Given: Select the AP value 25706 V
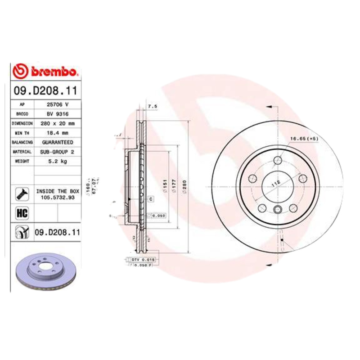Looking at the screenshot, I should coord(57,104).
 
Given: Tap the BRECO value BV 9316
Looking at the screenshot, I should coord(57,113).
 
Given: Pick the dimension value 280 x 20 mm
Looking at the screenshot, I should coord(57,123).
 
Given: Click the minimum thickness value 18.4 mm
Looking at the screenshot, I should coord(57,133).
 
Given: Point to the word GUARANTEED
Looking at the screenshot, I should coord(57,142).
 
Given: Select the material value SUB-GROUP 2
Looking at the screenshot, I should coord(57,152).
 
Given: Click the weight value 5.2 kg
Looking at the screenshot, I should coord(57,162).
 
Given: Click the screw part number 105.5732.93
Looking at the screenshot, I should coord(57,197).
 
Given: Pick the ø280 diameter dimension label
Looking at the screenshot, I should coord(183,184).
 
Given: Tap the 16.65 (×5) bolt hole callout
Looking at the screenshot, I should coord(303,139).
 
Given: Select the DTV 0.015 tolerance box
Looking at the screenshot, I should coord(143,260).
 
